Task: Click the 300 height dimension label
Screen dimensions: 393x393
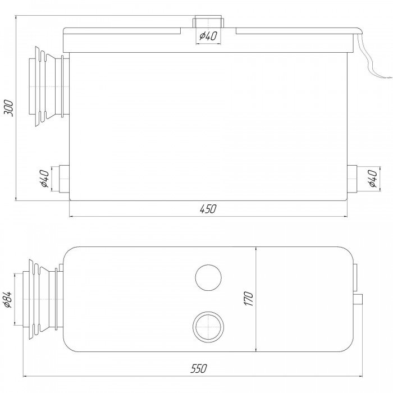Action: click(9, 108)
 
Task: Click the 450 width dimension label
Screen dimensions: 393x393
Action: click(208, 209)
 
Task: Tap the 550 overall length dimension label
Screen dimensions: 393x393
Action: click(199, 368)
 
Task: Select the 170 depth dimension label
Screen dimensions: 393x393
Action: click(249, 299)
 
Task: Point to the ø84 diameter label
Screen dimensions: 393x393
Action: click(7, 299)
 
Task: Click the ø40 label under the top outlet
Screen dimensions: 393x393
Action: click(208, 36)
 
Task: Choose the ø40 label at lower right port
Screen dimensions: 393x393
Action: click(373, 179)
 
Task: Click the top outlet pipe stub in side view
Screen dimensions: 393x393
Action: click(208, 22)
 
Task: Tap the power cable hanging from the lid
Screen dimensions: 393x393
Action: click(371, 58)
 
